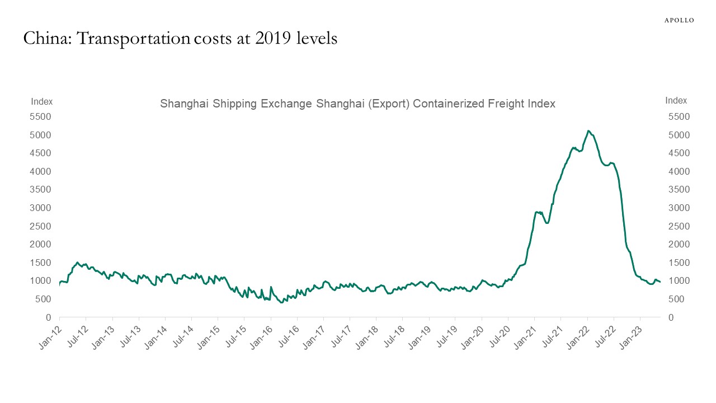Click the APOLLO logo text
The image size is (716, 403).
coord(679,20)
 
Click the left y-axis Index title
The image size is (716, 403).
coord(42,101)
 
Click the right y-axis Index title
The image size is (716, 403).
coord(676,101)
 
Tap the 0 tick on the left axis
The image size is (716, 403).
coord(49,317)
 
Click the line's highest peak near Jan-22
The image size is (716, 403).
coord(588,131)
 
